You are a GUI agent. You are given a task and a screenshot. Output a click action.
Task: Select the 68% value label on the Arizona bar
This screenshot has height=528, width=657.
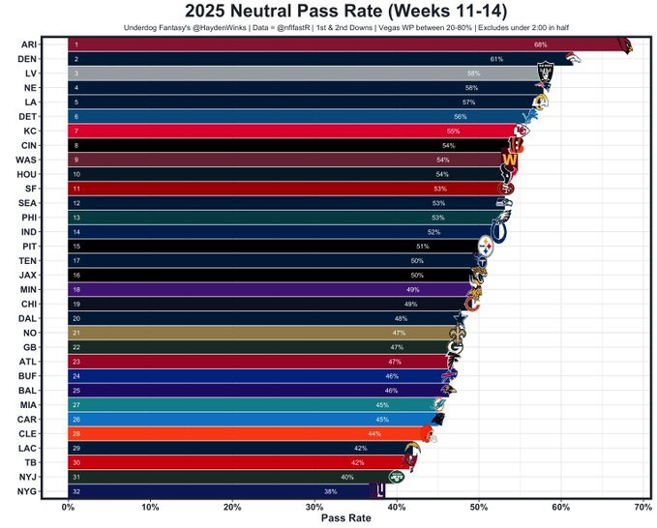coord(539,44)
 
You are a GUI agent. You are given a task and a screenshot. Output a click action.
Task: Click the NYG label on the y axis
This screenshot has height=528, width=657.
coord(28,492)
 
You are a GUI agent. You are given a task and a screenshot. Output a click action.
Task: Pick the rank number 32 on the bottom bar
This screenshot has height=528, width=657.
coord(76,492)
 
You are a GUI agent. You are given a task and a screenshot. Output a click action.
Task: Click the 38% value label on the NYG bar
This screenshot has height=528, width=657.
coord(330,492)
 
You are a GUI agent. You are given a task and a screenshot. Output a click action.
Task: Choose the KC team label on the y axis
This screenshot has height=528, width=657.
coord(29,131)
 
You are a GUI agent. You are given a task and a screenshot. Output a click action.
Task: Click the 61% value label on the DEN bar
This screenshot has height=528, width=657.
coord(495,59)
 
